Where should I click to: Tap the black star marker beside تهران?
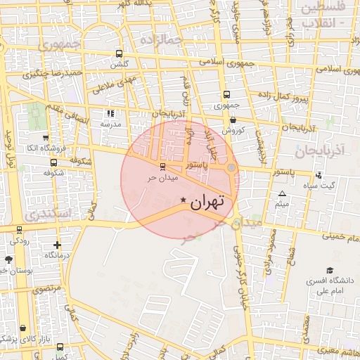184,201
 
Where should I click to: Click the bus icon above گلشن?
119,53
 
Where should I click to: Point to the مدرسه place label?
110,124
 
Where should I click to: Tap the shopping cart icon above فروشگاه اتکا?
46,138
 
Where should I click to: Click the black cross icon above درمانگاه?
57,245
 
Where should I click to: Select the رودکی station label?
20,240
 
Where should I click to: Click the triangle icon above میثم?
283,193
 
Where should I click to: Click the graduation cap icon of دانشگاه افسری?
329,271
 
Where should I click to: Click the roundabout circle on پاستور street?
231,167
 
